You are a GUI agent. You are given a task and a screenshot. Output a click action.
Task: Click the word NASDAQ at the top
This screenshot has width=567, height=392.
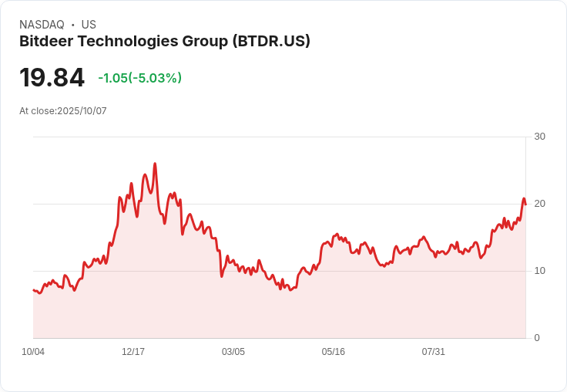pos(42,25)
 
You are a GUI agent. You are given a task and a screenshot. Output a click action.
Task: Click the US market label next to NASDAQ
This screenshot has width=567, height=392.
pos(89,25)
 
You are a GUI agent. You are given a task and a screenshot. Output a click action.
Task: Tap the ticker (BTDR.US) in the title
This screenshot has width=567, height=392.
pos(271,41)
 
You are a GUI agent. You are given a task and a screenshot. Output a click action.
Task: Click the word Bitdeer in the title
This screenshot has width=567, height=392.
pos(45,41)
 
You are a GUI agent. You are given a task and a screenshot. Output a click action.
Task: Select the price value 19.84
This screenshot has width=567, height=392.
pos(52,78)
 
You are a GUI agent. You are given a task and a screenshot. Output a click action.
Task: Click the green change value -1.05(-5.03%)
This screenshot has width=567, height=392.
pos(139,78)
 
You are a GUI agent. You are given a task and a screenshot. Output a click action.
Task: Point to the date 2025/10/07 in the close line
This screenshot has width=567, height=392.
pos(82,111)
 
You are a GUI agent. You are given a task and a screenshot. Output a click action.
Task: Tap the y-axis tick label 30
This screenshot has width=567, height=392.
pos(539,137)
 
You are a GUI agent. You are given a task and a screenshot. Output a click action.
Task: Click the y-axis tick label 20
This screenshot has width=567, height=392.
pos(539,204)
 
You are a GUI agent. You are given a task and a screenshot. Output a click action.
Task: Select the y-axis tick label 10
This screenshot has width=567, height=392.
pos(539,271)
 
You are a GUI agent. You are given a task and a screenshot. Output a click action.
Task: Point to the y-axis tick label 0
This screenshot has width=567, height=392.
pos(537,338)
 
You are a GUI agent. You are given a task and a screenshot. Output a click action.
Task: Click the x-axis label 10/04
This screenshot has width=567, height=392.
pos(33,352)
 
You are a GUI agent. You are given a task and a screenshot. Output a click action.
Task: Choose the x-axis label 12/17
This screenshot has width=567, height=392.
pos(133,352)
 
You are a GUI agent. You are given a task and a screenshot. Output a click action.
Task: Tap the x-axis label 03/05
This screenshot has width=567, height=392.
pos(233,352)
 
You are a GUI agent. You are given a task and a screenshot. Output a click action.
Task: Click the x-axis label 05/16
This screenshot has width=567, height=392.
pos(334,352)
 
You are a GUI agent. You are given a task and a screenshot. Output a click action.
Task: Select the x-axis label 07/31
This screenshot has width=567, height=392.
pos(434,352)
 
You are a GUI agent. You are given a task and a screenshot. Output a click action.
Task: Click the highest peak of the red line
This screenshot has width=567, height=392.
pos(155,164)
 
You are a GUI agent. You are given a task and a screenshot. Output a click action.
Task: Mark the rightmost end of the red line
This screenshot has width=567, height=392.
pos(525,204)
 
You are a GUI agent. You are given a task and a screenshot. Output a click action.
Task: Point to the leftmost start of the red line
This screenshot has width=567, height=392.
pos(33,290)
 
